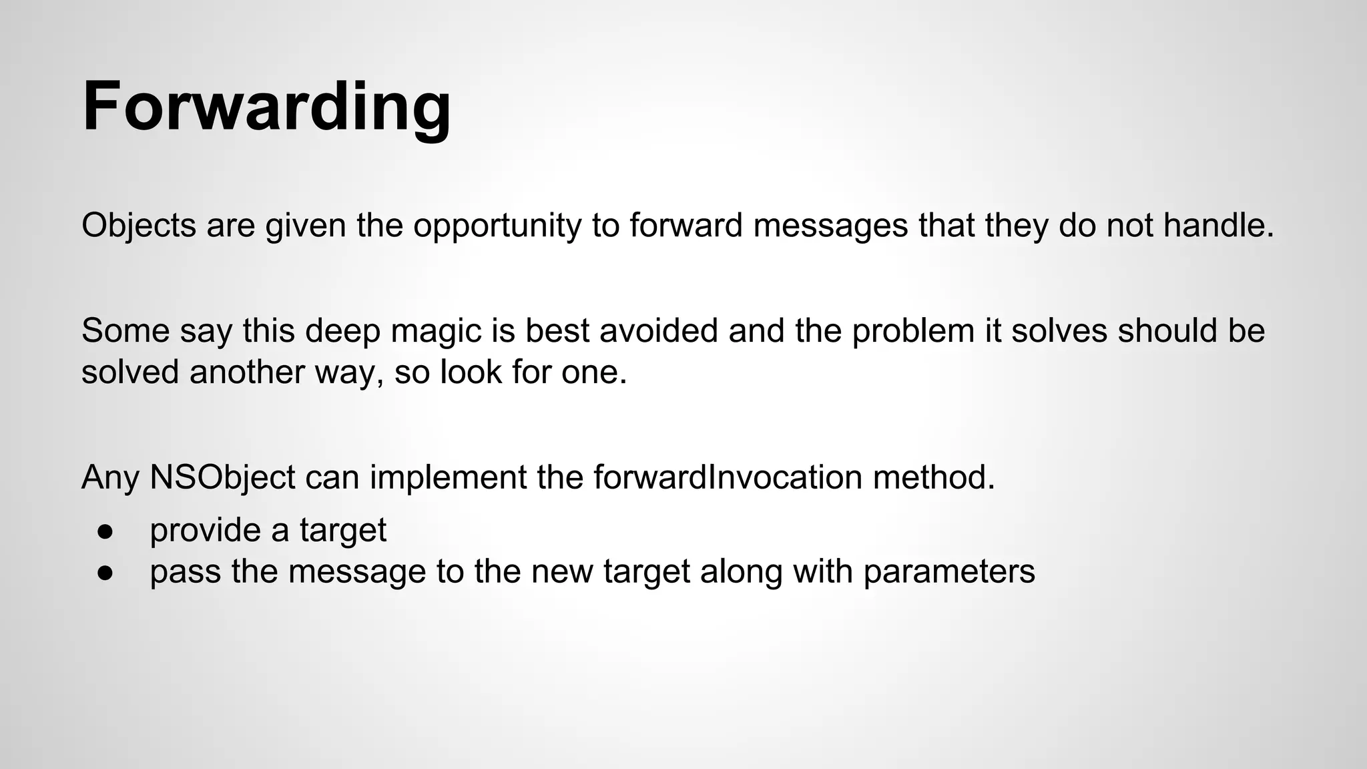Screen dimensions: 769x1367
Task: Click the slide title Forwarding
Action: (266, 107)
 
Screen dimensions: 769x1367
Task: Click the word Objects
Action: (139, 226)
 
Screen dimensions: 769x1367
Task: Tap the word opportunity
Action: (497, 226)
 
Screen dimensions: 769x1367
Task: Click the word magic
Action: (437, 331)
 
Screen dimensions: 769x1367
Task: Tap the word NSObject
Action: (222, 477)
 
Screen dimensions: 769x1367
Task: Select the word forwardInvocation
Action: (728, 477)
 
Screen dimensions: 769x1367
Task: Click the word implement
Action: (447, 477)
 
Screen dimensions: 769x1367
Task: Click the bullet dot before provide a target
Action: (105, 531)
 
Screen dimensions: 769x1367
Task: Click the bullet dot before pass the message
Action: (105, 572)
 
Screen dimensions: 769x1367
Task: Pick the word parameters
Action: (948, 572)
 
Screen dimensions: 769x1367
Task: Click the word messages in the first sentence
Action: (830, 226)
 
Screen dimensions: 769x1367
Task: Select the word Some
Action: (125, 331)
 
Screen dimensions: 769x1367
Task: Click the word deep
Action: (343, 331)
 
